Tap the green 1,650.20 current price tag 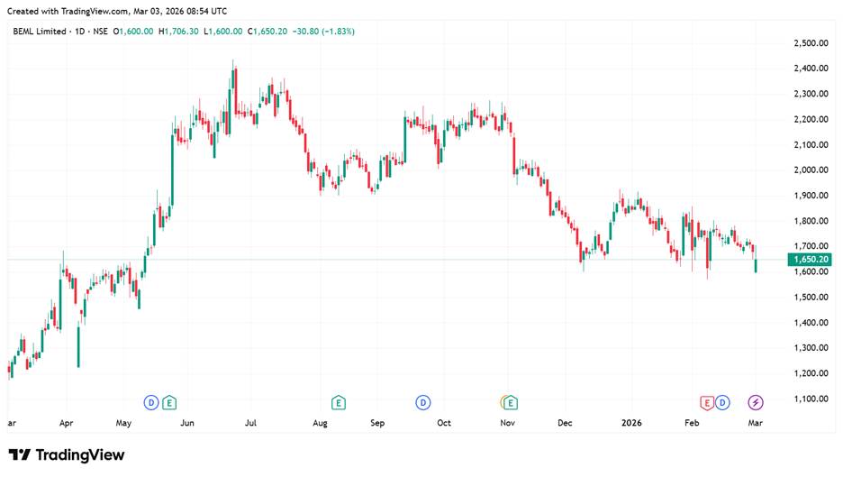tap(811, 260)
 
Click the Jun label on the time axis tap(187, 422)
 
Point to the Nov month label tap(507, 422)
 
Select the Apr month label tap(66, 422)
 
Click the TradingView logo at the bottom tap(67, 455)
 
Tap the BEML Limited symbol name tap(39, 31)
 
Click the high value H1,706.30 tap(179, 31)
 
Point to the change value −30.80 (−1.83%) tap(322, 31)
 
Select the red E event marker tap(707, 401)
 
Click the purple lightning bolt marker tap(756, 401)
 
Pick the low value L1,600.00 tap(225, 31)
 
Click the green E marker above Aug tap(339, 401)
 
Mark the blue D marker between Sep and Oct tap(421, 401)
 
